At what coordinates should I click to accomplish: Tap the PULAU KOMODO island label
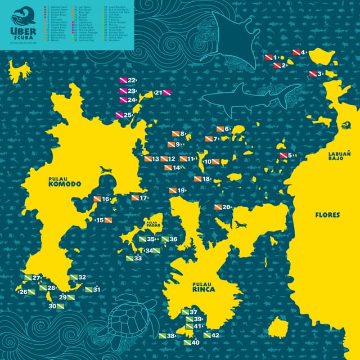coord(65,181)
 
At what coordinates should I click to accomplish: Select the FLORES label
coord(327,215)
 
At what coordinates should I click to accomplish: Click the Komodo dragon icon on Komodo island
coord(105,169)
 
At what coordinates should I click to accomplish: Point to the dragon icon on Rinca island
coord(240,225)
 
